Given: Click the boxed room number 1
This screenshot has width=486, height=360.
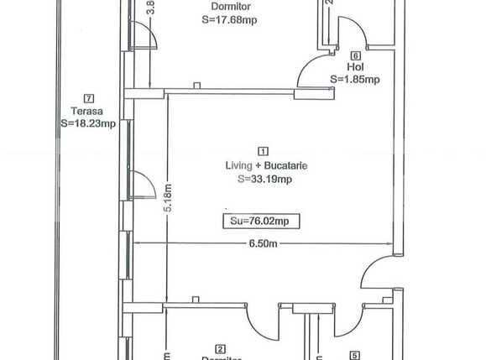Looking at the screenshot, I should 264,152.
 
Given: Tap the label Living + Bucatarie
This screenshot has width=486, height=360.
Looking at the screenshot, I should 264,165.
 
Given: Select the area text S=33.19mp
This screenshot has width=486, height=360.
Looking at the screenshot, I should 264,179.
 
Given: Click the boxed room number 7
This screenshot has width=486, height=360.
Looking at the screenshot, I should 89,97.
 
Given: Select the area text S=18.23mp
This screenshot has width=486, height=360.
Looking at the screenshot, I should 88,123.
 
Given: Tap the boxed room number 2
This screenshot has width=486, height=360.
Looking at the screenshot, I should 221,348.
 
